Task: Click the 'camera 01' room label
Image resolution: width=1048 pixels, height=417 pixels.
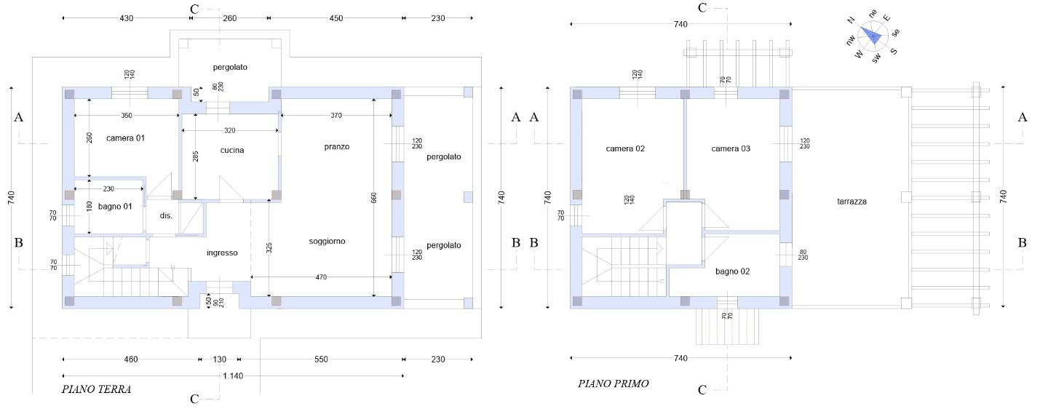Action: (125, 138)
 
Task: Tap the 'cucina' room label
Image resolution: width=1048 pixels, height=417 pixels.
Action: (232, 150)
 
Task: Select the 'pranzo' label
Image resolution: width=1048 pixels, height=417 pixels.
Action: (337, 147)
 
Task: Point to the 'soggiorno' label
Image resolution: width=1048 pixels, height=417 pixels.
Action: (327, 242)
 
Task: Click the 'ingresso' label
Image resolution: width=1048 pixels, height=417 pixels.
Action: (222, 253)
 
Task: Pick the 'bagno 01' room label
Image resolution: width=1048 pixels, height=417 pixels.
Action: (115, 207)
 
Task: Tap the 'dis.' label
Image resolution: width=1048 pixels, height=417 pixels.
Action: (166, 215)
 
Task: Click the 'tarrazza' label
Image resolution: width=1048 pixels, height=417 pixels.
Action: (851, 202)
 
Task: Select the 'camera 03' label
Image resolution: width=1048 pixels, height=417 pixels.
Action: (731, 149)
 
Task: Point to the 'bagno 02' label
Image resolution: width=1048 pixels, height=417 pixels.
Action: (733, 271)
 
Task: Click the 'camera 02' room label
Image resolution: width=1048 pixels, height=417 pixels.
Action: (625, 149)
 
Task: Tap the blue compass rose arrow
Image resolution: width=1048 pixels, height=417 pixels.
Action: (872, 36)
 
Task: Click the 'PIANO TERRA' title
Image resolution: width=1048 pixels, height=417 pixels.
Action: (96, 389)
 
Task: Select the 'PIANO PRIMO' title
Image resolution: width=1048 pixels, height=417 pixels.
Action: (614, 384)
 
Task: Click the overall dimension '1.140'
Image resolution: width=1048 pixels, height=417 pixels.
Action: (233, 376)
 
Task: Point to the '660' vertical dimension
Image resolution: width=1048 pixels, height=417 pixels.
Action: (373, 198)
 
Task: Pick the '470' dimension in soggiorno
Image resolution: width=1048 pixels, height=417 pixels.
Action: (321, 277)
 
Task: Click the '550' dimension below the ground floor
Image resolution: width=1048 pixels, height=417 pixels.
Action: (321, 360)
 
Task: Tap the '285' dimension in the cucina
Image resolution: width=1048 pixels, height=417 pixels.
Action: (196, 156)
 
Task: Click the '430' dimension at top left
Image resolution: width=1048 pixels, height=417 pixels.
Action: (127, 18)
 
